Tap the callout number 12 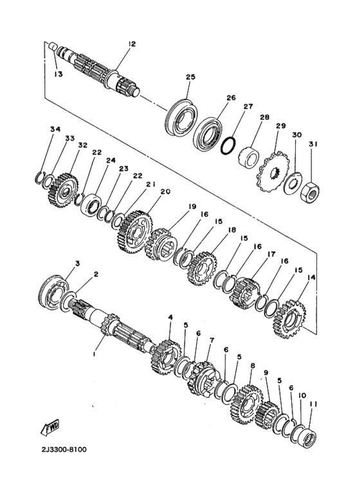131,44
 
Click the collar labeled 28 249,156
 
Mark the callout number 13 59,75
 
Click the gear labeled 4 165,357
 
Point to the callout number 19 192,206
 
